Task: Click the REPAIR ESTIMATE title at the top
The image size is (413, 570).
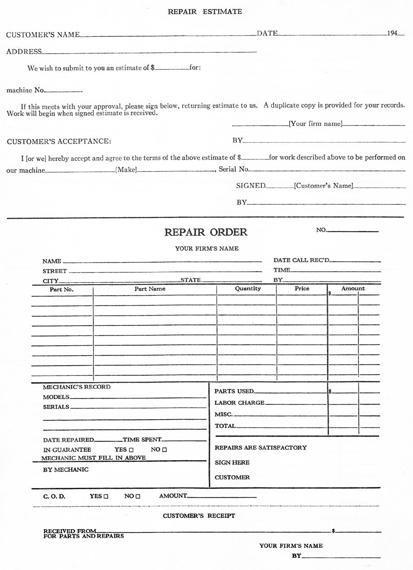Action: (205, 12)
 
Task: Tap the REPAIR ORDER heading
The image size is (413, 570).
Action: (206, 232)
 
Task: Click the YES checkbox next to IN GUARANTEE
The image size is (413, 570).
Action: (131, 450)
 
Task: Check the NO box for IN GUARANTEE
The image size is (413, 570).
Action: (164, 450)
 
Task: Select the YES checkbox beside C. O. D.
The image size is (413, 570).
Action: (106, 496)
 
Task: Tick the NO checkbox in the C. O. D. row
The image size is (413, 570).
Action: (138, 496)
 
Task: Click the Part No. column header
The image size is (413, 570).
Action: (62, 290)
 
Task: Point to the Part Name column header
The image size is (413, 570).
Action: (150, 289)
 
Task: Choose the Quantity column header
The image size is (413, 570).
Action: (248, 288)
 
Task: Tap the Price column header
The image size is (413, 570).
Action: (302, 288)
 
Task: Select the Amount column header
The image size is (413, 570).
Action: (353, 288)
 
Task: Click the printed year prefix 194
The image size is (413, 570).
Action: (392, 33)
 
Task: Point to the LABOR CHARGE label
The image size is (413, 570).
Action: (240, 403)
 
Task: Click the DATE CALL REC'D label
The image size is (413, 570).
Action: (301, 260)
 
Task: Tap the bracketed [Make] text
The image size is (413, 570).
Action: (126, 170)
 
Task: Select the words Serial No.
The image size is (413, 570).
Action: (234, 169)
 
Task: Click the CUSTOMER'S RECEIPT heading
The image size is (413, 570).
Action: (199, 515)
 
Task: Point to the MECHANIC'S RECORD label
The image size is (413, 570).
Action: (77, 387)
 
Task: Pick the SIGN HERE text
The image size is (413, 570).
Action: (232, 463)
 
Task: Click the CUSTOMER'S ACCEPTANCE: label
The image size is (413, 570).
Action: (59, 141)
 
